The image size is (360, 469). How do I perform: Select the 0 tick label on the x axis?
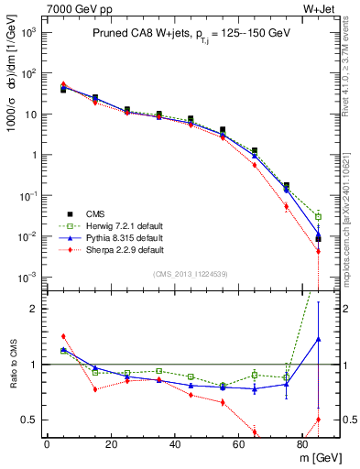tap(46, 444)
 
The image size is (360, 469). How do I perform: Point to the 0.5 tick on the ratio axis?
tap(29, 420)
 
